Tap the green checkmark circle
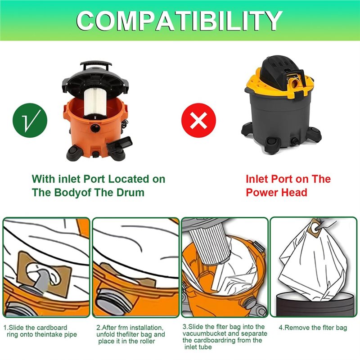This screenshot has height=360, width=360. pyautogui.click(x=30, y=120)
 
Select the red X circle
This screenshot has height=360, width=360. pyautogui.click(x=198, y=120)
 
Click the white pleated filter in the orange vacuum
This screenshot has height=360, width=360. pyautogui.click(x=94, y=102)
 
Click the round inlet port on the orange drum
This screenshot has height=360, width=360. pyautogui.click(x=94, y=128)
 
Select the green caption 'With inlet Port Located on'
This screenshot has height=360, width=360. pyautogui.click(x=99, y=179)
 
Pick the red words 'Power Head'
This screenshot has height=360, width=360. pyautogui.click(x=276, y=193)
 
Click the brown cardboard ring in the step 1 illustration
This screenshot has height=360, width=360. pyautogui.click(x=44, y=273)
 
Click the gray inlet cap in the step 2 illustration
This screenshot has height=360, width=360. pyautogui.click(x=112, y=302)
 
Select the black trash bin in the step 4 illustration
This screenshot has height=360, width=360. pyautogui.click(x=313, y=304)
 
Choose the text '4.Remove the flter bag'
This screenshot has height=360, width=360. pyautogui.click(x=313, y=328)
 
